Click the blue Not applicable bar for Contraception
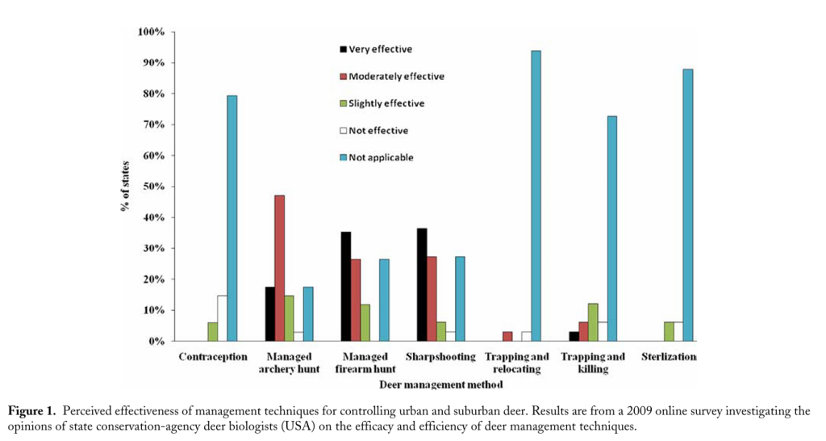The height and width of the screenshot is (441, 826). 232,218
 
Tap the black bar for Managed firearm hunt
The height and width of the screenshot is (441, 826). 345,287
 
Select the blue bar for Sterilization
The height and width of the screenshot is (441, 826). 687,205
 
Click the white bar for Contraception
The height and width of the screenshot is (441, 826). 222,318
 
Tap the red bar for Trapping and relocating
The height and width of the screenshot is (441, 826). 507,336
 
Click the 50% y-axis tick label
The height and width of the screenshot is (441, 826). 154,187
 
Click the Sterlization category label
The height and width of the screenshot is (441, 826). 667,356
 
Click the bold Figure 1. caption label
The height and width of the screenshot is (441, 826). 35,411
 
